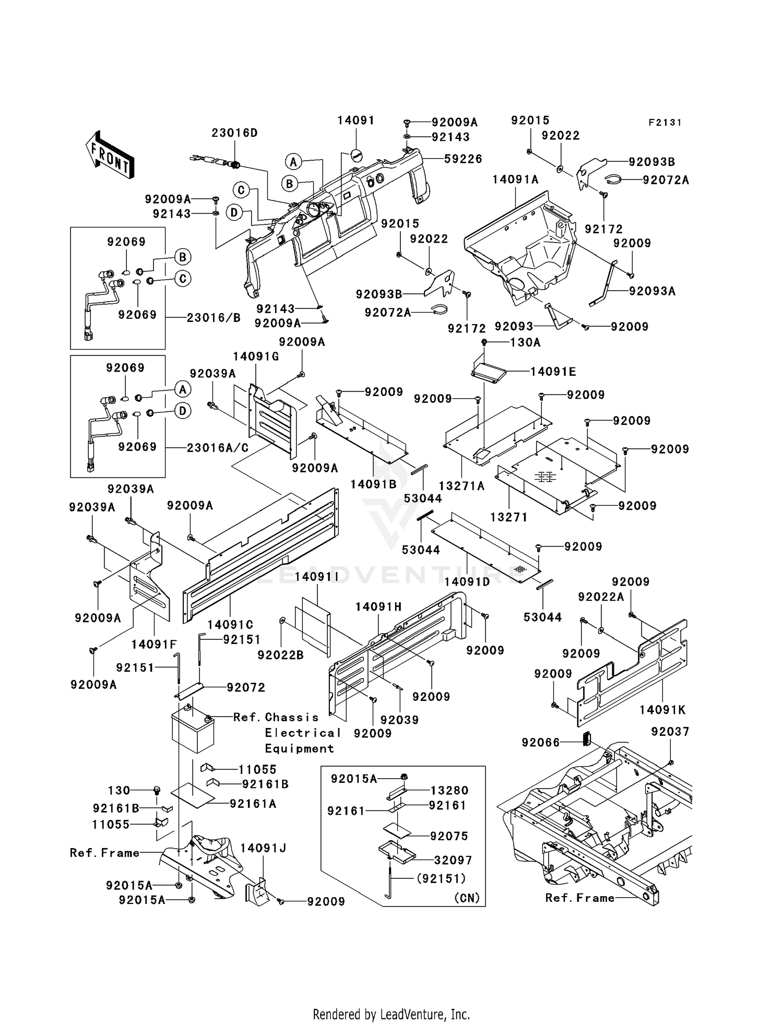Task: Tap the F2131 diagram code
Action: (x=665, y=123)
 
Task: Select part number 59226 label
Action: (x=463, y=159)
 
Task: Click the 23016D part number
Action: (x=234, y=133)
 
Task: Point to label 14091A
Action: (x=515, y=180)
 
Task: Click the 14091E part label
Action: (x=553, y=372)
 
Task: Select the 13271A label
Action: (x=461, y=486)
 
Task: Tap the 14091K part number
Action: (x=662, y=710)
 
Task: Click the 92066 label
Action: (x=540, y=742)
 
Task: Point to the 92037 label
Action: (x=670, y=732)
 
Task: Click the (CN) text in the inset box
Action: (x=467, y=898)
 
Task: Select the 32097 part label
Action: (x=453, y=860)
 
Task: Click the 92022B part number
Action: (x=281, y=654)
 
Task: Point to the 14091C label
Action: (x=230, y=625)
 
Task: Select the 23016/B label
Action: (x=213, y=317)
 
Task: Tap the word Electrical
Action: (x=302, y=733)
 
